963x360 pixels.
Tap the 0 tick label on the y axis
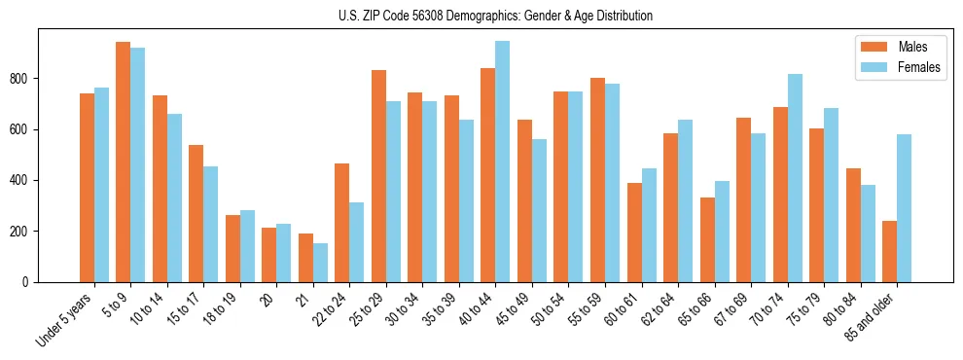pyautogui.click(x=31, y=282)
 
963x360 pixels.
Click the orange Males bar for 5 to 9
pyautogui.click(x=123, y=162)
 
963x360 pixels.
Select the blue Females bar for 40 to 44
pyautogui.click(x=502, y=162)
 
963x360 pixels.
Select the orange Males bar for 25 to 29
pyautogui.click(x=378, y=176)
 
